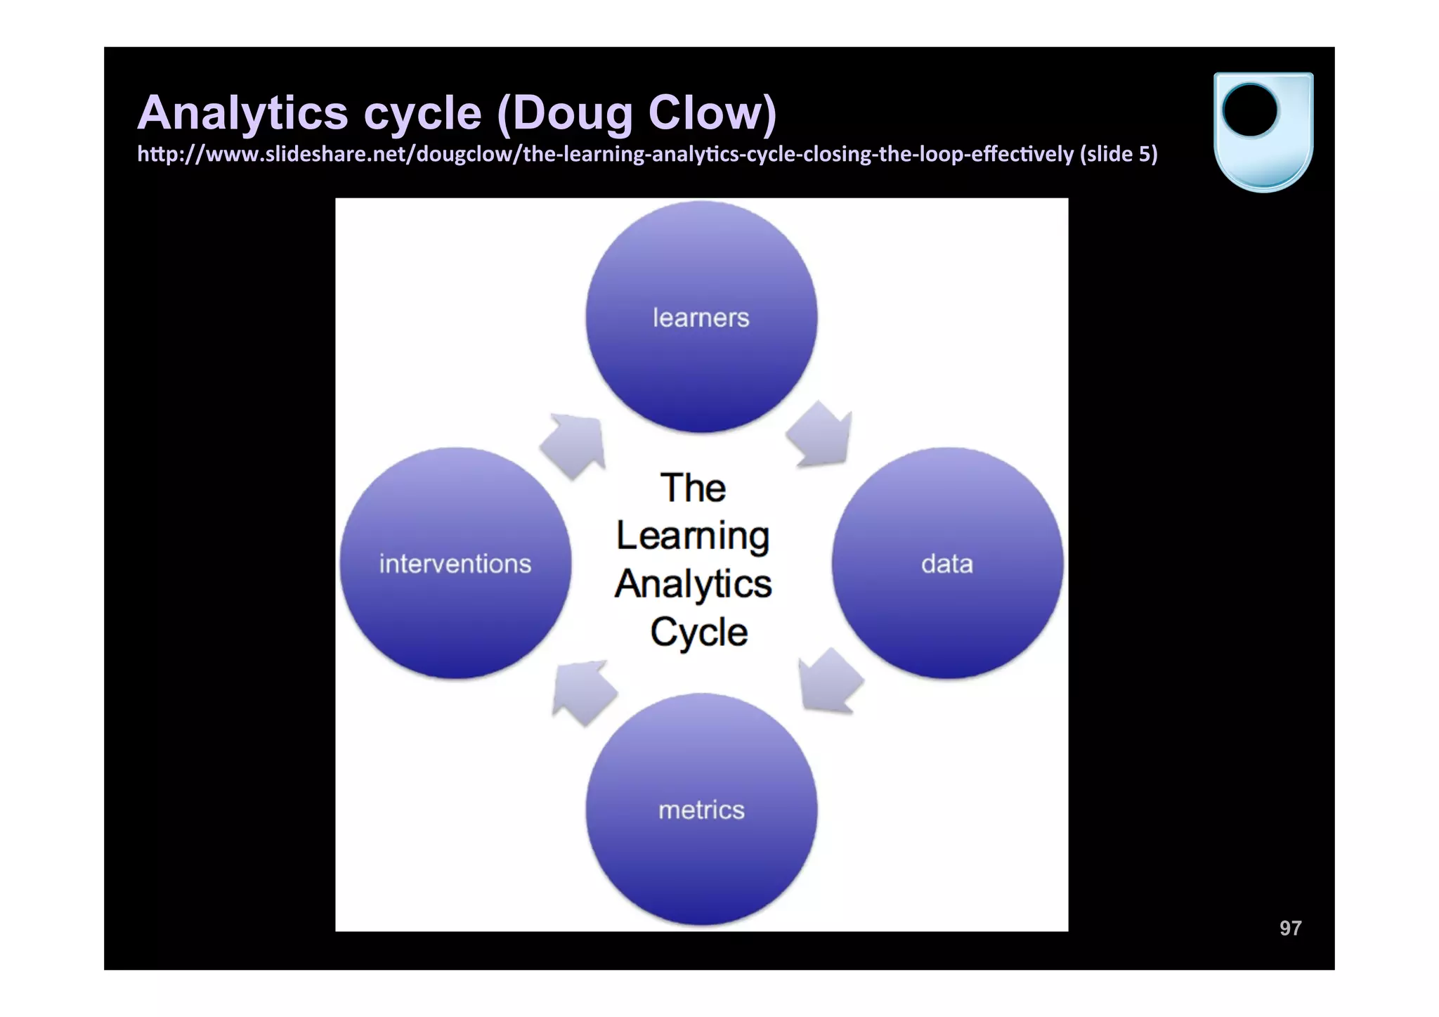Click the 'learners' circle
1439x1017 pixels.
tap(701, 317)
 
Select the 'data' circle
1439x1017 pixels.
tap(947, 563)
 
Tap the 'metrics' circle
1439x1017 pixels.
tap(701, 809)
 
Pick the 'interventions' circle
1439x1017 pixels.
tap(455, 563)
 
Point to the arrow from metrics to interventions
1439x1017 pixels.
tap(582, 692)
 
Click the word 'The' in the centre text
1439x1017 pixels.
tap(693, 488)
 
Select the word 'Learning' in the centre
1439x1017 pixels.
tap(693, 537)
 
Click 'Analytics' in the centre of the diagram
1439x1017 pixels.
tap(693, 584)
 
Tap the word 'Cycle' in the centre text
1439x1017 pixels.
tap(698, 632)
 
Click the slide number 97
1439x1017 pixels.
tap(1290, 928)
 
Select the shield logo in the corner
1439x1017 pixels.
tap(1263, 131)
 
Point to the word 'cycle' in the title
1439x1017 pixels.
tap(422, 112)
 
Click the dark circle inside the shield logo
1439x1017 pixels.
tap(1250, 110)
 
